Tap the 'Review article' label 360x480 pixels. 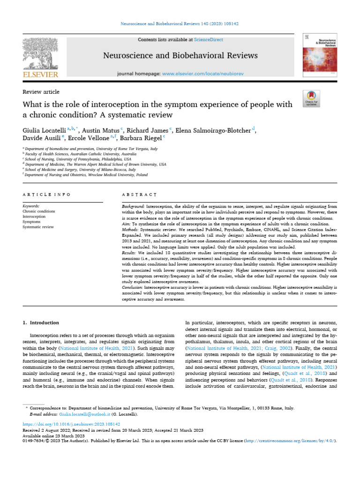(41, 92)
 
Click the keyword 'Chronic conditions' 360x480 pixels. (39, 211)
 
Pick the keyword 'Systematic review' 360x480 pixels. (38, 227)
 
